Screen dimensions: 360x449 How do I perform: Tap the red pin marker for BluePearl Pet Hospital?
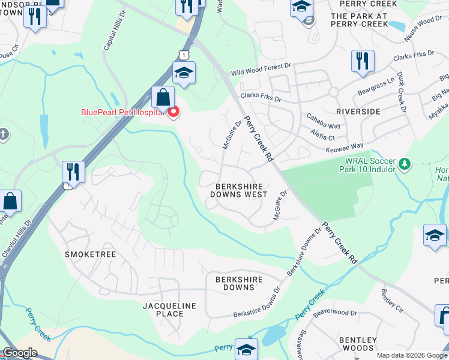pos(173,112)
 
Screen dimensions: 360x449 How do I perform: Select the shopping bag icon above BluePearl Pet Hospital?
pos(163,97)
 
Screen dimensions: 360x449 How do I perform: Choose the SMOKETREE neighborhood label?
pos(89,254)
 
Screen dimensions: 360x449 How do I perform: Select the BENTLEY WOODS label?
pos(358,344)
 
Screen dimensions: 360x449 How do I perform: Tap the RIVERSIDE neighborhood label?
pos(358,112)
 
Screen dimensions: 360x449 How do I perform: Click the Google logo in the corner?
pos(19,353)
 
